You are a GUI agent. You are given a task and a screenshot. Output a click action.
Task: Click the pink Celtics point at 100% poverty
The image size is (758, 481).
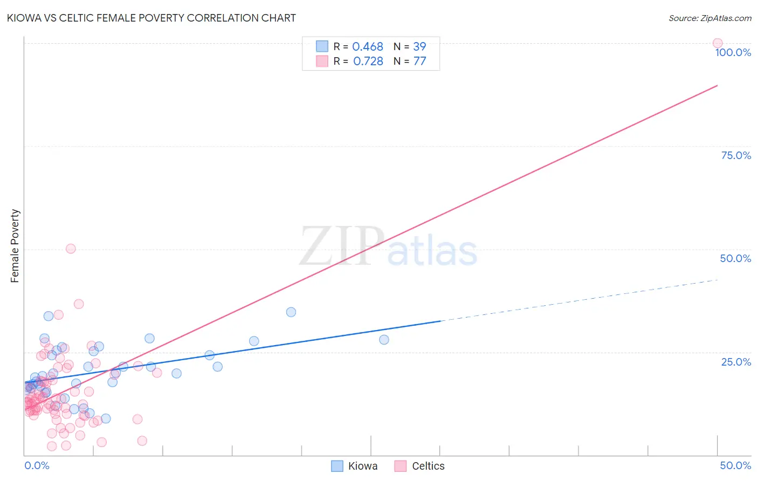718,43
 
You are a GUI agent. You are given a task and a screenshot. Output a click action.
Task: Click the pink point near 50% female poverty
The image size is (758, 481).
71,249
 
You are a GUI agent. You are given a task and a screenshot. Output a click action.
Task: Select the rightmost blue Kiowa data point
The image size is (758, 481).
384,340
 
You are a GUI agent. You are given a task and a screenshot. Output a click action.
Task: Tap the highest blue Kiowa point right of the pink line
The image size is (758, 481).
291,312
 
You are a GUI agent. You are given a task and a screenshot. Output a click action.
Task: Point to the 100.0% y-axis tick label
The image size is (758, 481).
733,52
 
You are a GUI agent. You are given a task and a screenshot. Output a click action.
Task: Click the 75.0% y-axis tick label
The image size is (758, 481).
736,155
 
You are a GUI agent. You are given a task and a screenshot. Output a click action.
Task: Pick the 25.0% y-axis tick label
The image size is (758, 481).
736,362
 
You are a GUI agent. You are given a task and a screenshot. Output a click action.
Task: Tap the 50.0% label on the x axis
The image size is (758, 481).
735,465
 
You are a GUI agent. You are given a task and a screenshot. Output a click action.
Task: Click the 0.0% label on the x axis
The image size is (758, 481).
37,465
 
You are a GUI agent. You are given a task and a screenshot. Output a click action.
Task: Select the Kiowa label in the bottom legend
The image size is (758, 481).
363,466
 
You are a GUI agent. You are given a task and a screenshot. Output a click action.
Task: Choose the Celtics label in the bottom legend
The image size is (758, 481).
428,466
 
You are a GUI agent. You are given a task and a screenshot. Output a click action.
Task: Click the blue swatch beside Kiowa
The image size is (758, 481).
337,466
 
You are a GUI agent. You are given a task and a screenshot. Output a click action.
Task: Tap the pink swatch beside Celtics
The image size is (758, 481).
400,466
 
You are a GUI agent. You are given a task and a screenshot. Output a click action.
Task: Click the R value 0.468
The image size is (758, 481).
368,47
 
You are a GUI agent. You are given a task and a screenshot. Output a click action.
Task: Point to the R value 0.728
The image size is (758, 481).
368,61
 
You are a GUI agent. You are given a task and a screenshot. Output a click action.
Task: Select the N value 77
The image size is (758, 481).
419,61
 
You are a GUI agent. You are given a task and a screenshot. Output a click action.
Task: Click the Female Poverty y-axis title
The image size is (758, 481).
15,246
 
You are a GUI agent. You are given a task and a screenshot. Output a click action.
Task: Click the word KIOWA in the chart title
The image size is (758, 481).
24,18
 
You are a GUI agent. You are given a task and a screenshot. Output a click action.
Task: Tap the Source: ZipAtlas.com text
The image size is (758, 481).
709,18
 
